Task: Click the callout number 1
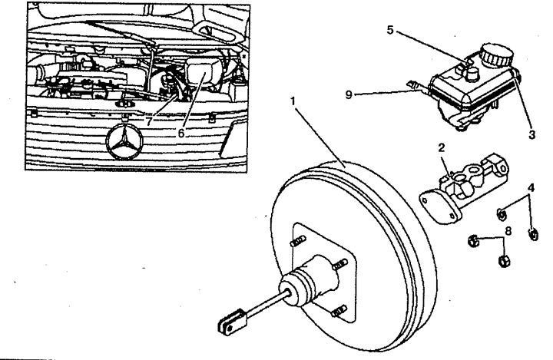click(293, 101)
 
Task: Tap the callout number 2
click(442, 147)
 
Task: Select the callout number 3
click(531, 134)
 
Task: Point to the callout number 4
click(531, 187)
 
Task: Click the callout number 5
click(389, 30)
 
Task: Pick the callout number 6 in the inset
click(181, 134)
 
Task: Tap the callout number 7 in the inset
click(149, 121)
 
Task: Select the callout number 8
click(508, 231)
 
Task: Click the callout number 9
click(349, 95)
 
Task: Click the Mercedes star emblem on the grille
click(124, 142)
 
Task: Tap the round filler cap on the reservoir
click(497, 54)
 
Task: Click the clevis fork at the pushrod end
click(232, 322)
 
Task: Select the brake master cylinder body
click(472, 180)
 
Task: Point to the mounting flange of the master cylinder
click(439, 207)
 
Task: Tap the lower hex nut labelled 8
click(503, 261)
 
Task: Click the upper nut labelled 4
click(501, 213)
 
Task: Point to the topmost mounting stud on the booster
click(297, 242)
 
